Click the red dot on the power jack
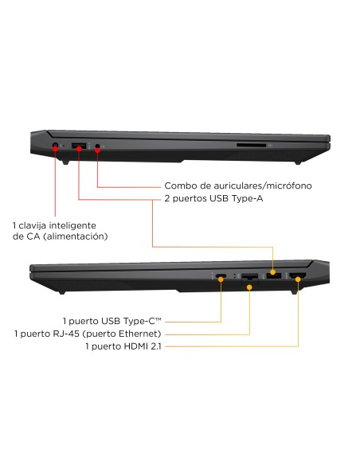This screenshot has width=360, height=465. coord(55,148)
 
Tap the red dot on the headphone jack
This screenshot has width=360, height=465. coord(97,150)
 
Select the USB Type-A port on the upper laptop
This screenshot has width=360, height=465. coord(79,146)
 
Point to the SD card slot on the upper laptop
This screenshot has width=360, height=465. coord(251,145)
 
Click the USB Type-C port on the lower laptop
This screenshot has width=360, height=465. coord(221,276)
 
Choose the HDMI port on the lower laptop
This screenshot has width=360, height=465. coord(298,276)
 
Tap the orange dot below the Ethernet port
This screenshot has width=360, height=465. coord(249,287)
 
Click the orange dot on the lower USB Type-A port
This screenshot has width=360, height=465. coord(273,272)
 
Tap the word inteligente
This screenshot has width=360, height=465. coord(72,225)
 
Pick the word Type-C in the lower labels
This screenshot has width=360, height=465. coord(143,321)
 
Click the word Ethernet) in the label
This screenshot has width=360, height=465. coord(140,334)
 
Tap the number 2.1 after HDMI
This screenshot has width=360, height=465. coord(155,346)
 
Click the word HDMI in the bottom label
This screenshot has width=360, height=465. coord(136,346)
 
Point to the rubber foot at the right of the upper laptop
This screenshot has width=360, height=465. coord(297,162)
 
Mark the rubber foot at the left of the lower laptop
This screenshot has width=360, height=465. coord(61,292)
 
